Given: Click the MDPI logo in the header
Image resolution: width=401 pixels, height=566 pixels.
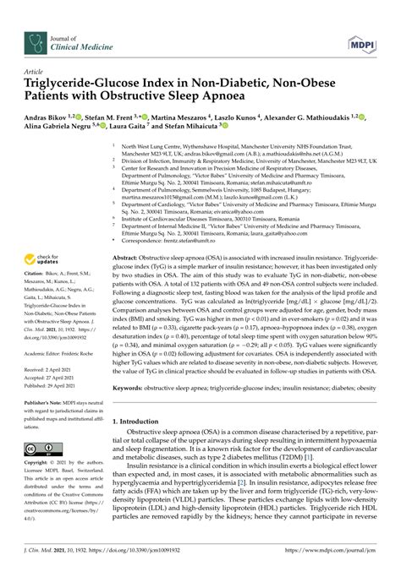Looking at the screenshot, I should (361, 40).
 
